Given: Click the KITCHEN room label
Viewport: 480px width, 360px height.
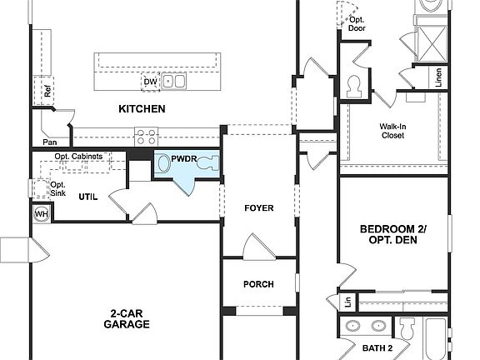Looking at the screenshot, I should click(x=142, y=109).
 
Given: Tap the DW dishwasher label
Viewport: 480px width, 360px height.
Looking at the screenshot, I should click(x=150, y=82).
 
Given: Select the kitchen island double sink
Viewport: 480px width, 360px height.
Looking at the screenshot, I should click(x=174, y=82).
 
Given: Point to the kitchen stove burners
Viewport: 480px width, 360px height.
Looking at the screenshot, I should click(x=147, y=135).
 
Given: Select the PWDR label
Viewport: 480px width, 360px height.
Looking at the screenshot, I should click(x=183, y=158).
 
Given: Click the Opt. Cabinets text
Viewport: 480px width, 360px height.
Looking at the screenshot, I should click(x=79, y=157).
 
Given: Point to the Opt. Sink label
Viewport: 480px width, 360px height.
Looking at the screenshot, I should click(x=57, y=188).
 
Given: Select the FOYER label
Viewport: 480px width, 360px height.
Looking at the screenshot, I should click(x=258, y=207).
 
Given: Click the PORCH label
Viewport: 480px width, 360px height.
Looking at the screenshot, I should click(x=258, y=284).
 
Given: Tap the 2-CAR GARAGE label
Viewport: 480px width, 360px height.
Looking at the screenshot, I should click(x=127, y=318).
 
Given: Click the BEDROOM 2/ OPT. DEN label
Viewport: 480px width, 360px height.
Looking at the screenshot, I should click(x=393, y=234).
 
